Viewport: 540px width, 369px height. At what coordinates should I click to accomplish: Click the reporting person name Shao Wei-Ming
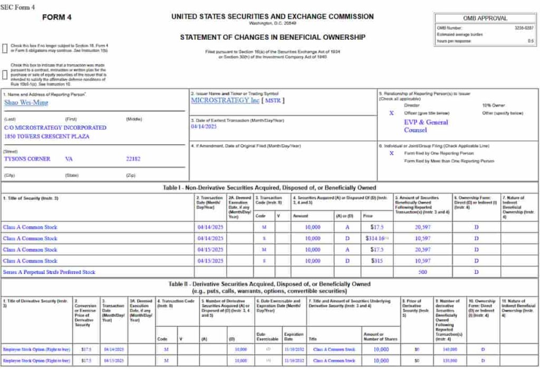26,102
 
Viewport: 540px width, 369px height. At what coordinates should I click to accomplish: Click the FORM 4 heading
56,17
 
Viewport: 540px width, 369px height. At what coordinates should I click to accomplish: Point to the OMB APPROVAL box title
485,18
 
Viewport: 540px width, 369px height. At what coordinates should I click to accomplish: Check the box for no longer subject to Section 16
5,48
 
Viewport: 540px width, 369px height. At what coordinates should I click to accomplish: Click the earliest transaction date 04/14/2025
204,127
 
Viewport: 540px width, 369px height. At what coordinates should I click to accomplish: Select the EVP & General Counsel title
426,126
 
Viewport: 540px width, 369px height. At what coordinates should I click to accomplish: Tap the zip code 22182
133,159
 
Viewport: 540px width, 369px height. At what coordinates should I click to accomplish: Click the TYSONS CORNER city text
27,159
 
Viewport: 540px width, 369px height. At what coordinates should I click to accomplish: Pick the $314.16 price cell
375,239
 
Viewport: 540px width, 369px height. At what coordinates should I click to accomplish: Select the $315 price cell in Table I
375,261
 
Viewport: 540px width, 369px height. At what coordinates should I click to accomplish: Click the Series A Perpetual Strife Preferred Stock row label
49,272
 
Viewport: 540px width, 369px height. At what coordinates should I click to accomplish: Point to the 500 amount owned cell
422,272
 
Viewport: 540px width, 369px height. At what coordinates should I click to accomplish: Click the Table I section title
269,187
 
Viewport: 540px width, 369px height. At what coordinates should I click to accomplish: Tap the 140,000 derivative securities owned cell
450,349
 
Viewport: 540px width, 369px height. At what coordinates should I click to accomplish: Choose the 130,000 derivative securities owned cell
450,361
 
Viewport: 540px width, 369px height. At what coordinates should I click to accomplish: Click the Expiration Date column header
294,337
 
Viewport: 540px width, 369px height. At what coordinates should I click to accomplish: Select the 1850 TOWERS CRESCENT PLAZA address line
47,136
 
